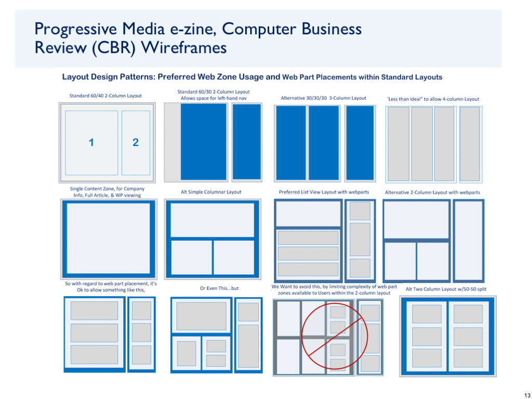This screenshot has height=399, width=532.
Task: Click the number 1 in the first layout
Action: click(91, 142)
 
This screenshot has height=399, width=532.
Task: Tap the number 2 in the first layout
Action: click(136, 142)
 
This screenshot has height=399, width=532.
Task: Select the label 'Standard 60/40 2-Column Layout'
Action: click(105, 96)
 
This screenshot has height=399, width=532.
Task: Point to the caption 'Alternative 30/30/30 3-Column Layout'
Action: click(323, 98)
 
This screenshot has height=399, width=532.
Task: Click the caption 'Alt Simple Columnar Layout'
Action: click(211, 192)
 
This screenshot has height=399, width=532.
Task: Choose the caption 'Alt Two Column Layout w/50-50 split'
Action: click(446, 289)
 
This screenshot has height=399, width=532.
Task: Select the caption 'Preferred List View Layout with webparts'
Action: click(324, 192)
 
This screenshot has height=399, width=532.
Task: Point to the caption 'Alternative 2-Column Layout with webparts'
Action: click(432, 192)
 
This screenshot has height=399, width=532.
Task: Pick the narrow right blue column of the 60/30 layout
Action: click(247, 142)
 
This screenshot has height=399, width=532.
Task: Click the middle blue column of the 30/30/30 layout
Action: click(324, 143)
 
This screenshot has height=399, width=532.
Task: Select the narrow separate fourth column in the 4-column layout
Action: click(470, 143)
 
